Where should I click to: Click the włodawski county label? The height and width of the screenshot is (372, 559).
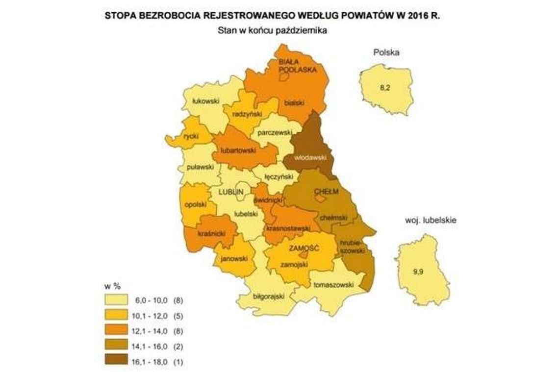click(307, 158)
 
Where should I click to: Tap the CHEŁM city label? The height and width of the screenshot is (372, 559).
click(321, 191)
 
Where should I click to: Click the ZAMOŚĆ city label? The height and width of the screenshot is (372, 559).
click(304, 248)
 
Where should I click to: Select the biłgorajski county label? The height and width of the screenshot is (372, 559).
click(267, 297)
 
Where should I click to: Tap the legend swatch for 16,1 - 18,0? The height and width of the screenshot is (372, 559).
click(116, 361)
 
